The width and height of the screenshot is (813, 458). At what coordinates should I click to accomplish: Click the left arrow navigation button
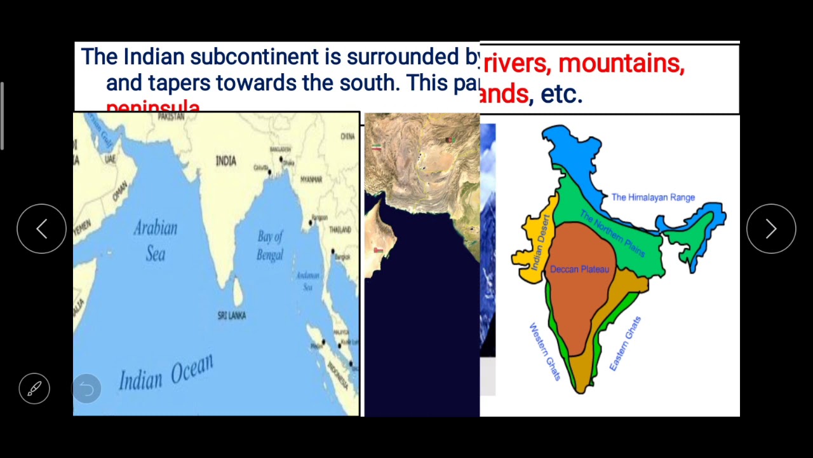pyautogui.click(x=41, y=229)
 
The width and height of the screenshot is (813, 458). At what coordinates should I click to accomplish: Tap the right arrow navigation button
pyautogui.click(x=771, y=229)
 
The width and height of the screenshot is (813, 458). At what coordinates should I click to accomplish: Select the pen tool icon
pyautogui.click(x=34, y=388)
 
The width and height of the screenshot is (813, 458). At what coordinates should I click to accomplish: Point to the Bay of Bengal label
pyautogui.click(x=270, y=246)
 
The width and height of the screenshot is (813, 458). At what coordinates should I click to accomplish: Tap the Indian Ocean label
pyautogui.click(x=166, y=373)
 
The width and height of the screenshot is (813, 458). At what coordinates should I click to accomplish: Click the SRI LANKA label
pyautogui.click(x=231, y=316)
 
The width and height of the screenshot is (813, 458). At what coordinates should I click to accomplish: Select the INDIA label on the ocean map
pyautogui.click(x=225, y=161)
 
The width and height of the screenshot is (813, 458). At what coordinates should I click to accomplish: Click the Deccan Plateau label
pyautogui.click(x=579, y=269)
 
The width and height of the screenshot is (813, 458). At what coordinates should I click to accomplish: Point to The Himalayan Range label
pyautogui.click(x=653, y=197)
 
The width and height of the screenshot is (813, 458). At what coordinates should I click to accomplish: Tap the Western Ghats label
pyautogui.click(x=545, y=352)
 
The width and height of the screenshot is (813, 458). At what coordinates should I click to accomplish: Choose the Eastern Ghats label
pyautogui.click(x=625, y=343)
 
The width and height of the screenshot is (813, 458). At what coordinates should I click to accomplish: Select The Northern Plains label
pyautogui.click(x=612, y=234)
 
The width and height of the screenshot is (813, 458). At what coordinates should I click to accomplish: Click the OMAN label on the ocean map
pyautogui.click(x=119, y=191)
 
